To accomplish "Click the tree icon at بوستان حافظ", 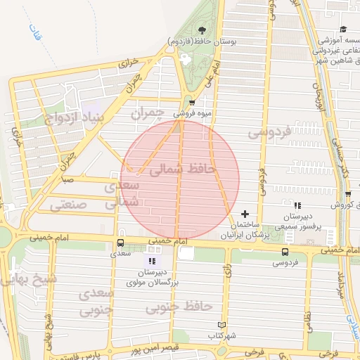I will coord(202,30).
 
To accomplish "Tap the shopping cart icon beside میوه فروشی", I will coord(192,103).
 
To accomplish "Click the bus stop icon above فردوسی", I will coord(285,252).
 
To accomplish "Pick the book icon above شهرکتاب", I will coord(223,325).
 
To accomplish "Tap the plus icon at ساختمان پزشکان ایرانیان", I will coord(245,214).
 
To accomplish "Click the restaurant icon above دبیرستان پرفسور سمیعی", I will coord(297,206).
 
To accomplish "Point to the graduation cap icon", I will coord(343,29).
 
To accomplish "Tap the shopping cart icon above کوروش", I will coord(347,195).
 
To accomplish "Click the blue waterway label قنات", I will coord(35,32).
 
